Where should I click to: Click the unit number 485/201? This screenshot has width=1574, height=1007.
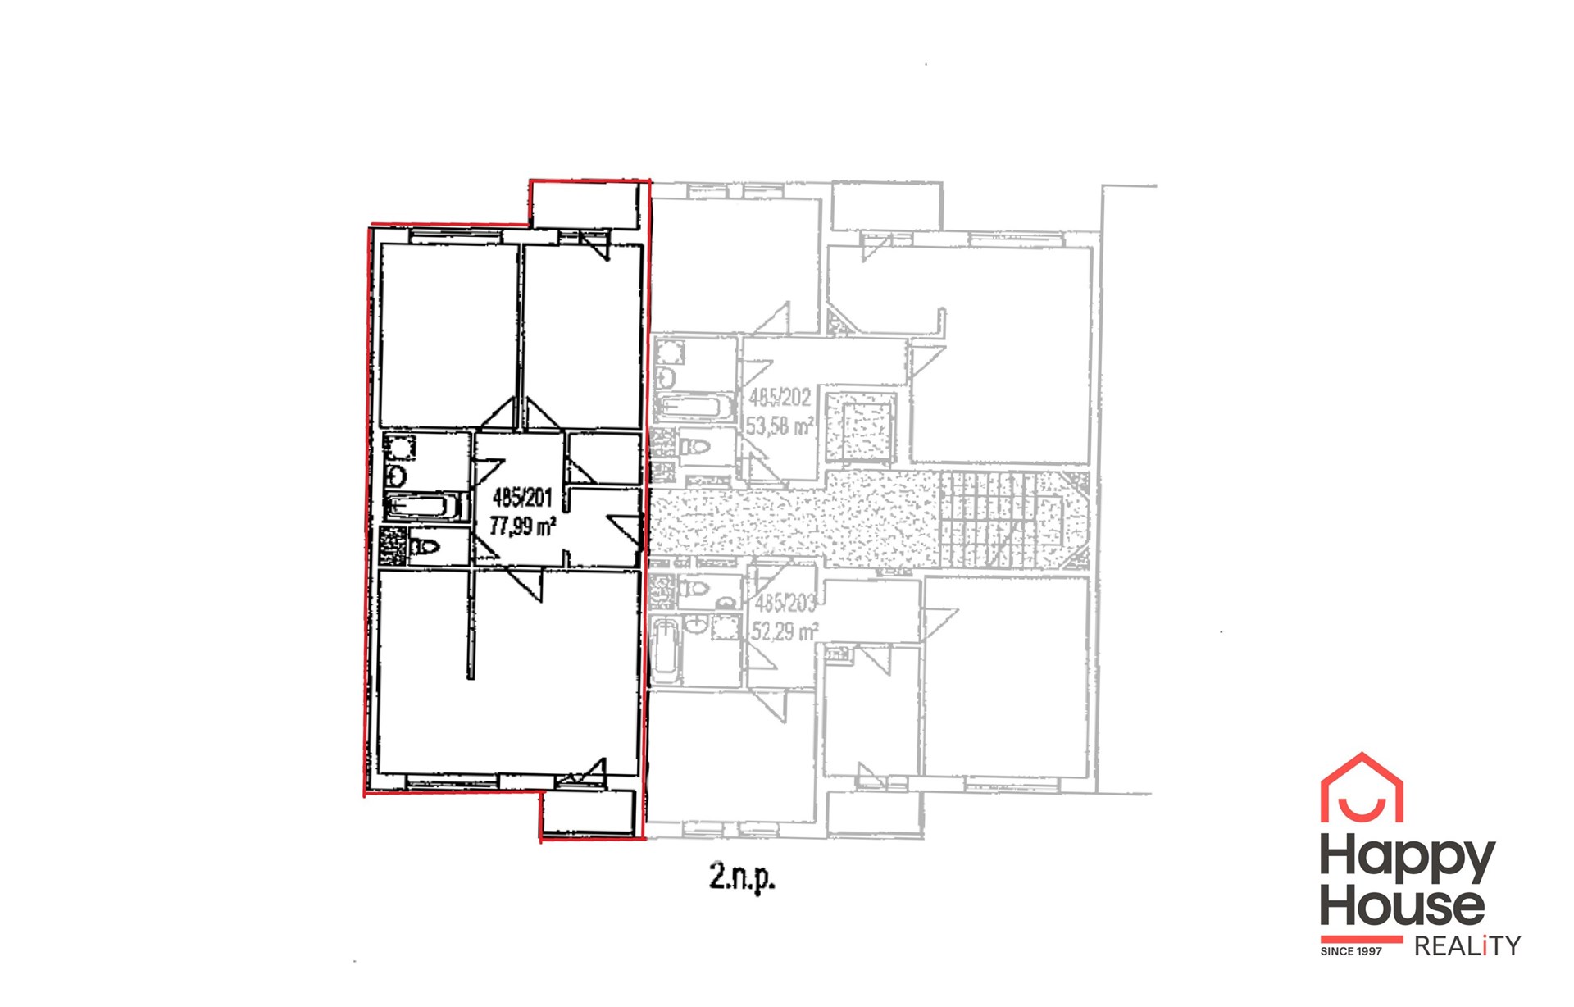(522, 498)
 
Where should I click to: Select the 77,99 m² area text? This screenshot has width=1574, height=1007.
(523, 526)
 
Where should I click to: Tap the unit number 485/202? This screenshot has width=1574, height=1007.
(780, 399)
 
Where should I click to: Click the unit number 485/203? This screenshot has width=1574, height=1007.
(785, 604)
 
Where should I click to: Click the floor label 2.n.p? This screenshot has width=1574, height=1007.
(742, 879)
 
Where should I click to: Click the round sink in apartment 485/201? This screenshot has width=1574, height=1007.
(397, 476)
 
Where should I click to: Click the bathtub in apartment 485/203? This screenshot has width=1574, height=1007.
(665, 652)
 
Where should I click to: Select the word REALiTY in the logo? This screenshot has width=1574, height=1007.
(1467, 946)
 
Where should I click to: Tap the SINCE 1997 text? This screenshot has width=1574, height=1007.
(1351, 951)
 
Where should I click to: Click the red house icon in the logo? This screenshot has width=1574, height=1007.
(1362, 787)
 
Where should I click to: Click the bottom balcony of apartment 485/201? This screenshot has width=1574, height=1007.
(589, 813)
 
